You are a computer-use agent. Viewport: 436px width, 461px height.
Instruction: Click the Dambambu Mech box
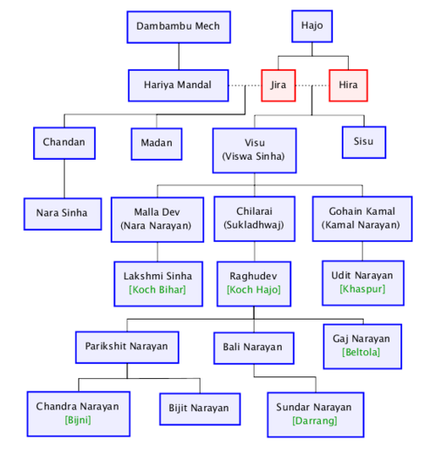coord(179,27)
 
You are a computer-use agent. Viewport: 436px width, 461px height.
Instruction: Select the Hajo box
coord(312,26)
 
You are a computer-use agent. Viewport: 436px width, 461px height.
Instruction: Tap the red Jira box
coord(278,86)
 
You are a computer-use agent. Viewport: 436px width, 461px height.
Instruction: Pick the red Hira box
coord(348,86)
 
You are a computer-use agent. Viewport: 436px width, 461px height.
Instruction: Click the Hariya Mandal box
coord(178,86)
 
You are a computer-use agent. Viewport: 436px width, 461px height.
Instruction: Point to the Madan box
coord(156,144)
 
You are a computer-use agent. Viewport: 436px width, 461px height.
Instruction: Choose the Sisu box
coord(364,142)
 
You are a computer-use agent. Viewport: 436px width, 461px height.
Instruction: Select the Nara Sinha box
coord(63,214)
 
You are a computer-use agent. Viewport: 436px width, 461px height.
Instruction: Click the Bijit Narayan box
coord(200,409)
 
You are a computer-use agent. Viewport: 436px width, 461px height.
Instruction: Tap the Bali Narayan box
coord(254,348)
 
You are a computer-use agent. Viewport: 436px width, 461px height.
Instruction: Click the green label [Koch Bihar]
coord(157,290)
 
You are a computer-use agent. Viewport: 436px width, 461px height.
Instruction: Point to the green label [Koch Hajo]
coord(254,290)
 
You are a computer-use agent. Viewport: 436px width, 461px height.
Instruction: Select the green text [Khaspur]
coord(362,289)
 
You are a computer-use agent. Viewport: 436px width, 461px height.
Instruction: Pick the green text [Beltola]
coord(361,352)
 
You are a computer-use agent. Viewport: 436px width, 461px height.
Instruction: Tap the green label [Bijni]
coord(78,420)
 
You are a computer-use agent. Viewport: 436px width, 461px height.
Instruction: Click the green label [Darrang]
coord(315,421)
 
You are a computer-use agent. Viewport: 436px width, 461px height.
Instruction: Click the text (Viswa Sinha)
coord(254,156)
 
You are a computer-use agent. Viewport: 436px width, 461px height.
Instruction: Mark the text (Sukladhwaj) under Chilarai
coord(254,225)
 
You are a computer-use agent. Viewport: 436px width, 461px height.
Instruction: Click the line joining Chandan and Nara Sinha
coord(65,179)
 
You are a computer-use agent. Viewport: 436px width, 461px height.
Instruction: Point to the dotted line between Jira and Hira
coord(312,86)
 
